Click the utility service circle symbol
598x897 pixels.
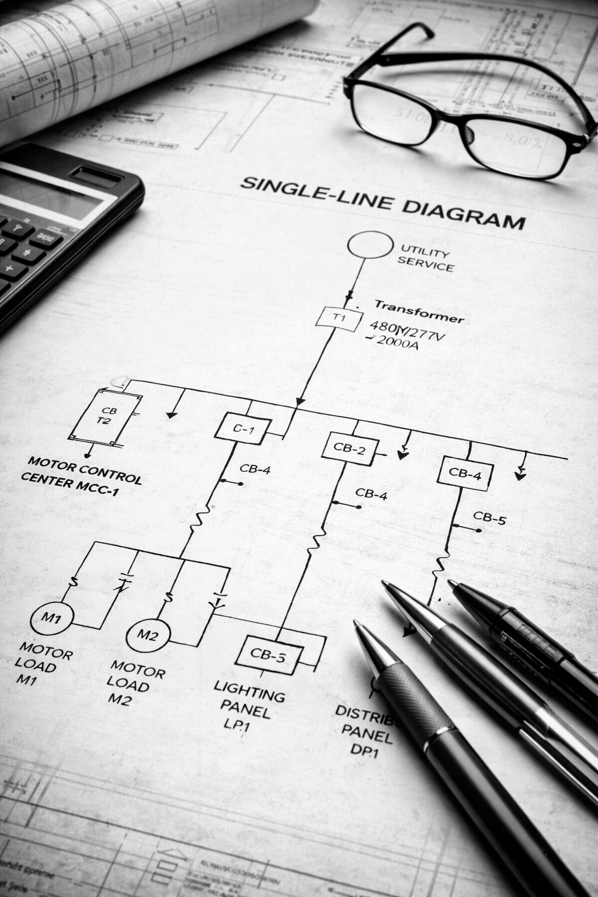(370, 245)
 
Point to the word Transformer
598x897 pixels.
(419, 311)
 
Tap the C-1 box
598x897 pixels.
(243, 430)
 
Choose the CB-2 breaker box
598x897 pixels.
(350, 448)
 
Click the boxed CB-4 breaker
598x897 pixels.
(465, 474)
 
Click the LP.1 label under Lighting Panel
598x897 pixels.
(237, 726)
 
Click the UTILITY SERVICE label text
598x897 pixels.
(426, 260)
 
